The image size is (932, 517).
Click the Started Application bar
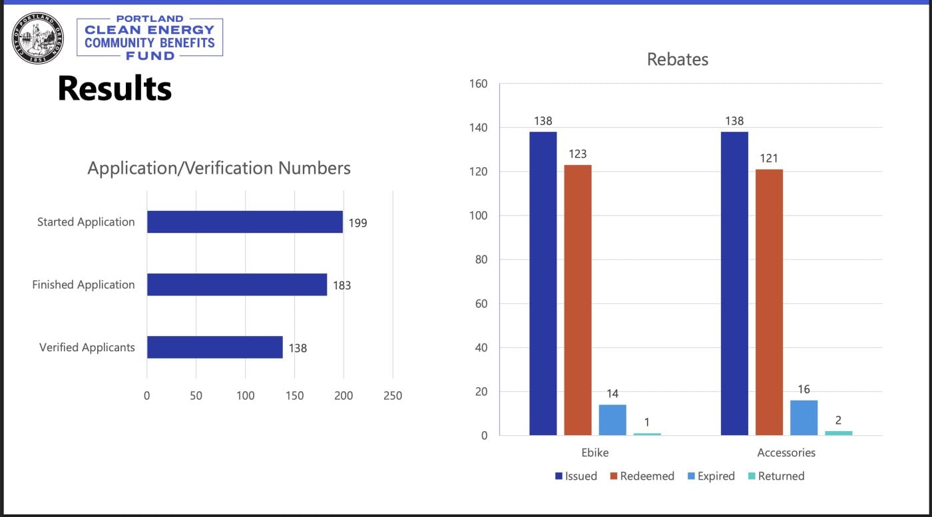click(x=244, y=222)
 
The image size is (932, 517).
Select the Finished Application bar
click(x=236, y=285)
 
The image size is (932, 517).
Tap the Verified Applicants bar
click(x=214, y=347)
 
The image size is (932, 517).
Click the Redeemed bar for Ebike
click(x=577, y=299)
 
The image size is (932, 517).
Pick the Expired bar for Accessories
click(x=804, y=417)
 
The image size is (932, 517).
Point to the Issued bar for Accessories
click(x=734, y=283)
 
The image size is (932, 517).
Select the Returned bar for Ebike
click(x=647, y=434)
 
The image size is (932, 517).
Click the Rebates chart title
click(x=678, y=59)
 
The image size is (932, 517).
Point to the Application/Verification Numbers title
click(x=219, y=168)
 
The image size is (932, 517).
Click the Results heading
click(x=115, y=88)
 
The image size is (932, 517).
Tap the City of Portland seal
click(x=38, y=38)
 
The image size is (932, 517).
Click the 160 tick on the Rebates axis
click(x=479, y=84)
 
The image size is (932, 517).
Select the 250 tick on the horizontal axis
click(x=393, y=396)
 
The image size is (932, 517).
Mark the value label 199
click(x=357, y=223)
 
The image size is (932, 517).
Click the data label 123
click(x=577, y=154)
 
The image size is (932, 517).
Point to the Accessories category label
click(x=786, y=452)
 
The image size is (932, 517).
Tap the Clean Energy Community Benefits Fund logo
click(x=150, y=38)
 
